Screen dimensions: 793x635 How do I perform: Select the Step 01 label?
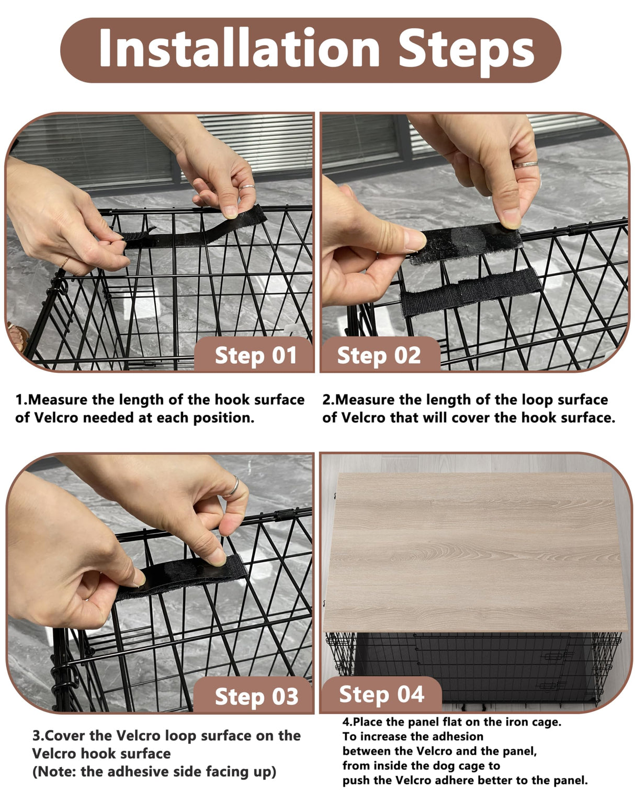point(255,356)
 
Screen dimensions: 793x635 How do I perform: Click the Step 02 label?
point(379,356)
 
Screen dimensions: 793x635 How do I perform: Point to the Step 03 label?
point(256,696)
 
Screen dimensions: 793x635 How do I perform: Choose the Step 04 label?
point(381,694)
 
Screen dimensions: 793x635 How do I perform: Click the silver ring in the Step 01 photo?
point(247,186)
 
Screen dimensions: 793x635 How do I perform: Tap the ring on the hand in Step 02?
point(525,165)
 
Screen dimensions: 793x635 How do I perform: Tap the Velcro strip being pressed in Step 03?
point(183,577)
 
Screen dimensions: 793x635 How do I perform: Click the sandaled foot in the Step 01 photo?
point(16,337)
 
